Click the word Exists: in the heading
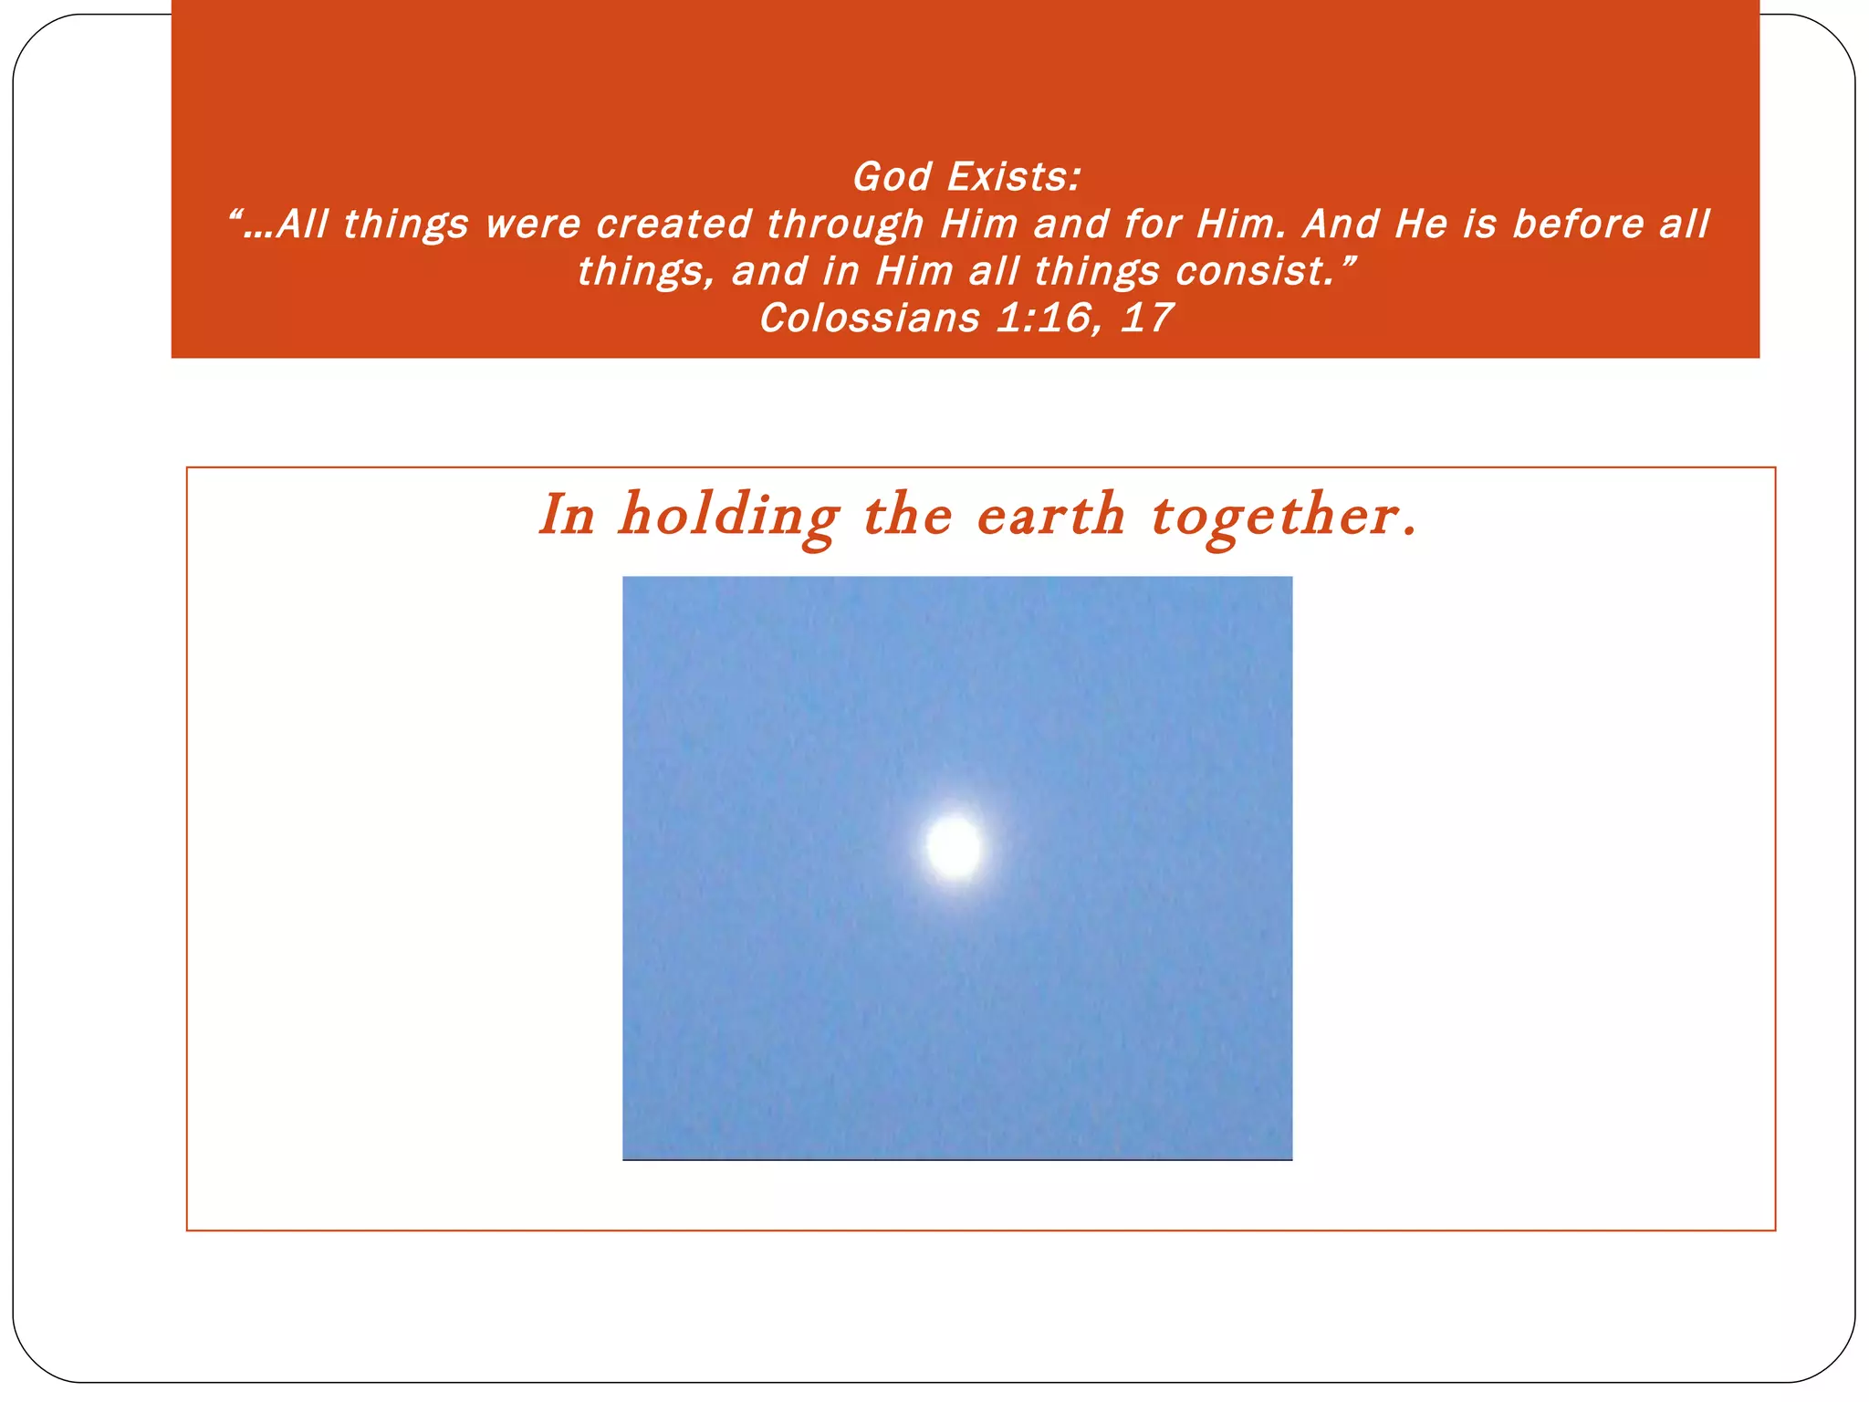tap(1014, 177)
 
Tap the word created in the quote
tap(673, 225)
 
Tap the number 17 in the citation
tap(1146, 319)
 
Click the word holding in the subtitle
tap(728, 518)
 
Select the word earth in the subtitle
tap(1050, 516)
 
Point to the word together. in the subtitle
tap(1284, 518)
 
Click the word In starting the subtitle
tap(567, 516)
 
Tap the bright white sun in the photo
tap(954, 846)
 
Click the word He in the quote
tap(1421, 225)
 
